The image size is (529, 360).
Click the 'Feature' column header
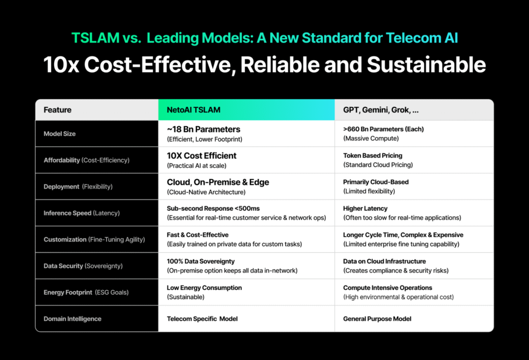(57, 110)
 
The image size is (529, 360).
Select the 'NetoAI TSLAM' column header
(193, 110)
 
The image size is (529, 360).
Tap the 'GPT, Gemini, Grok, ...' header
(381, 110)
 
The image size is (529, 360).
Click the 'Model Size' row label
(59, 134)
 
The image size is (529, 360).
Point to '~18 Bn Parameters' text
(204, 129)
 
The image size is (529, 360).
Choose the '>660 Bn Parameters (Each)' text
(383, 129)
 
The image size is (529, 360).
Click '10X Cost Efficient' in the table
(201, 155)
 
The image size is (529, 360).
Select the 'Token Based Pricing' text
(372, 155)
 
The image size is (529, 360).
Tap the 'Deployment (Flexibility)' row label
(78, 186)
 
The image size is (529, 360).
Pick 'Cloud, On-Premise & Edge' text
(218, 182)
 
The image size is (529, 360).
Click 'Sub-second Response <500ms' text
(213, 209)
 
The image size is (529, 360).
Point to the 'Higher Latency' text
(365, 209)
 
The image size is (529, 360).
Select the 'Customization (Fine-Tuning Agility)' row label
(94, 240)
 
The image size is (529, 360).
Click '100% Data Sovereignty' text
(200, 261)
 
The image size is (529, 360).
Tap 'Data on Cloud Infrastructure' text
(384, 261)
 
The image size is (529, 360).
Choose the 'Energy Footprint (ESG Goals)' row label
(86, 292)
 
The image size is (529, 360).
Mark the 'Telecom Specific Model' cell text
(202, 319)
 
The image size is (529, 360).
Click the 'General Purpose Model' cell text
(377, 319)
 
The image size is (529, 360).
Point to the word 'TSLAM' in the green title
(96, 38)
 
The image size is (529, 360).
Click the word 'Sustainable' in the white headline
(426, 65)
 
